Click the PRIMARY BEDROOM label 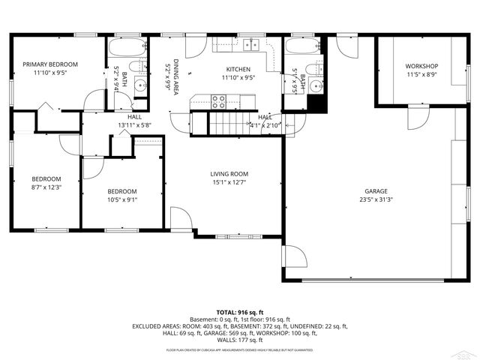50,64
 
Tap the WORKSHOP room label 421,66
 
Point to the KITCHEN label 238,67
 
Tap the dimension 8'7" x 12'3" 46,187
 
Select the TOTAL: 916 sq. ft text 239,311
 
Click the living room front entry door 181,218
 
